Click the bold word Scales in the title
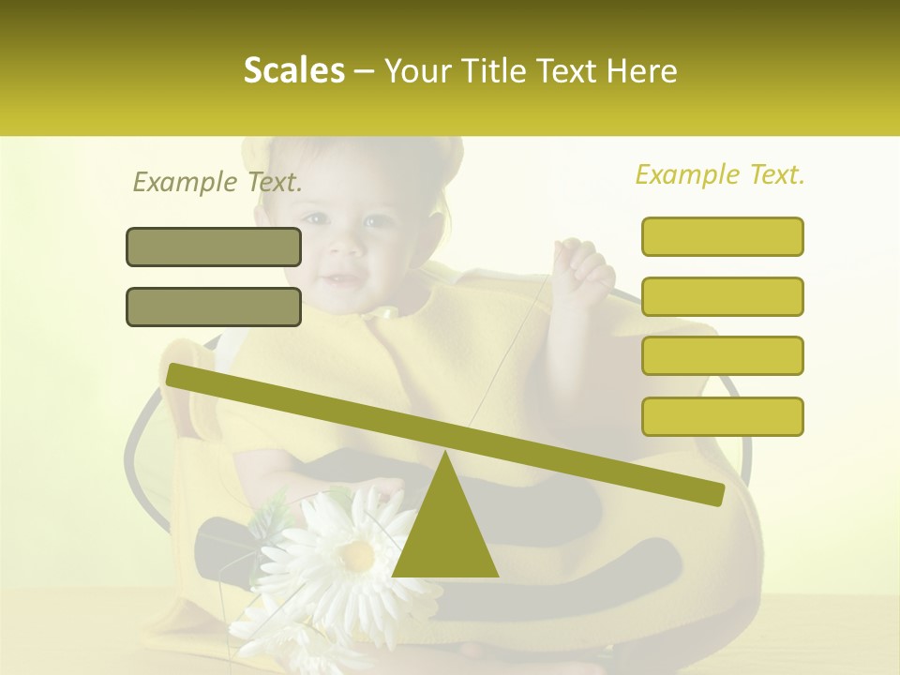[294, 70]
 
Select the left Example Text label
[217, 182]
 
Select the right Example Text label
[720, 174]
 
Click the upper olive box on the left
[214, 247]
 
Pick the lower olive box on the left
[214, 307]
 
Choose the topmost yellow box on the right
[722, 236]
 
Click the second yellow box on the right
[722, 296]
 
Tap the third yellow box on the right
[722, 356]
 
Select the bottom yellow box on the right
[722, 416]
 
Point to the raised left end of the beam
[178, 375]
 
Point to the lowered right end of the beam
[712, 493]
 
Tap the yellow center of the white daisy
[356, 555]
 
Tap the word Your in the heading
[412, 70]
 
